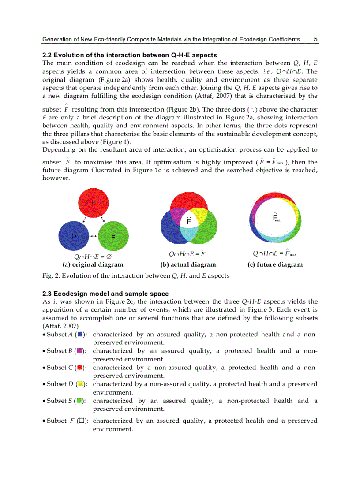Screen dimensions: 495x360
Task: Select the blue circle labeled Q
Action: coord(74,236)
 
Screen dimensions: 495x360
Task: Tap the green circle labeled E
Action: coord(113,236)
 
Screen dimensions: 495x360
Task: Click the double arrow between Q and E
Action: coord(94,236)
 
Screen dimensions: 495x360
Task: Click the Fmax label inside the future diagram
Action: coord(276,217)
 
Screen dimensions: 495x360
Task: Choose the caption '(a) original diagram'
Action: coord(93,265)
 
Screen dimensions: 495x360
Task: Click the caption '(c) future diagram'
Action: coord(275,265)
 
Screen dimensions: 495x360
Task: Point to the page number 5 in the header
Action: coord(315,39)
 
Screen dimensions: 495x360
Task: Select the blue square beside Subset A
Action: coord(79,335)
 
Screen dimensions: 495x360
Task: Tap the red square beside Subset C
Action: coord(79,368)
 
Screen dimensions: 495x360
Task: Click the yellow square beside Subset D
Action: coord(80,384)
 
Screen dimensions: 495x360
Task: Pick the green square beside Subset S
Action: coord(79,401)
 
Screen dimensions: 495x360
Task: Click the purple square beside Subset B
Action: coord(79,351)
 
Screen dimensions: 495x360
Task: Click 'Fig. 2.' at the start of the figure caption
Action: coord(50,276)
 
